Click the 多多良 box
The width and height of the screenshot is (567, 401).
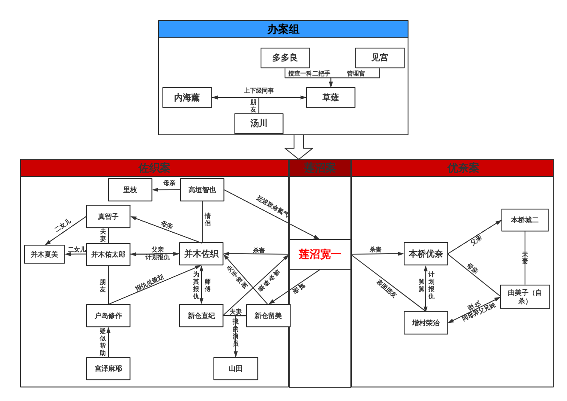[285, 58]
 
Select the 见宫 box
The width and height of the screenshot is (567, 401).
[380, 58]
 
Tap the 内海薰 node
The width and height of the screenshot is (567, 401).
[187, 97]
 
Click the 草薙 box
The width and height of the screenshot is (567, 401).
[330, 97]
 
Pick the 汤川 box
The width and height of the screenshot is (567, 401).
[259, 124]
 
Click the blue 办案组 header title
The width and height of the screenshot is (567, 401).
[283, 29]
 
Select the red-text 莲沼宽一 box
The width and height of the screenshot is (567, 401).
[320, 255]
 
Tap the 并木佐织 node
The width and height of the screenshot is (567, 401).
[201, 254]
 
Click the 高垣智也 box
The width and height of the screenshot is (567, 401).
[202, 190]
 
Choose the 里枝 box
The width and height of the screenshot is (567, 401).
[130, 190]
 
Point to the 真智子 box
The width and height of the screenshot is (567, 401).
[108, 216]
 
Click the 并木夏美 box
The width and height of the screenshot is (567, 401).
[45, 254]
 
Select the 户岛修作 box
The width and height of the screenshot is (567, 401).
[108, 316]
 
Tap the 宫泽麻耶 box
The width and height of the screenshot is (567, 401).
[108, 368]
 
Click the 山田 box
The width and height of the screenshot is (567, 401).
[236, 368]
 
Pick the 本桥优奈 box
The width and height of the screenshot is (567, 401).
[426, 254]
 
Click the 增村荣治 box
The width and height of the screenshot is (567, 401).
[426, 323]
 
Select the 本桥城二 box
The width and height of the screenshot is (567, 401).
[525, 220]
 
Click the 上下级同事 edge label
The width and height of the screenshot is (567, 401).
[259, 91]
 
